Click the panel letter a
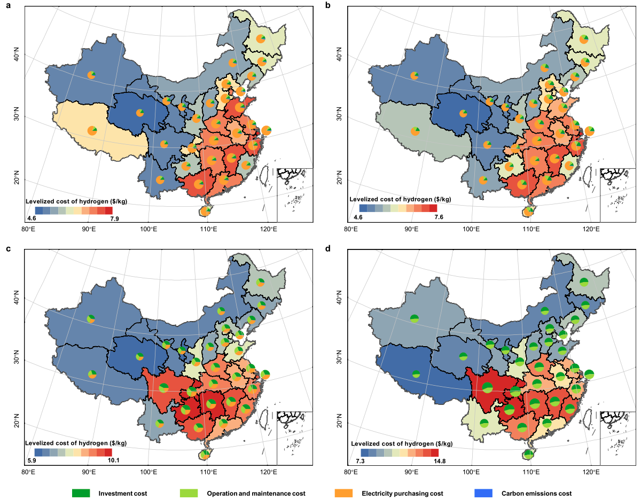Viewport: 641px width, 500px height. tap(7, 5)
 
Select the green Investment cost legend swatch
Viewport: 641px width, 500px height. tap(81, 493)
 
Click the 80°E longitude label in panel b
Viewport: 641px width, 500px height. tap(350, 229)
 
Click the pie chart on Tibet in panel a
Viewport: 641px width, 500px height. tap(92, 130)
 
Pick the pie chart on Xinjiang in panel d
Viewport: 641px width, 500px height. tap(415, 319)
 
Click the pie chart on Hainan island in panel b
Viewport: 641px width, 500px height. tap(528, 212)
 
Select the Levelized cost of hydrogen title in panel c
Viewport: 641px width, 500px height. tap(76, 443)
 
